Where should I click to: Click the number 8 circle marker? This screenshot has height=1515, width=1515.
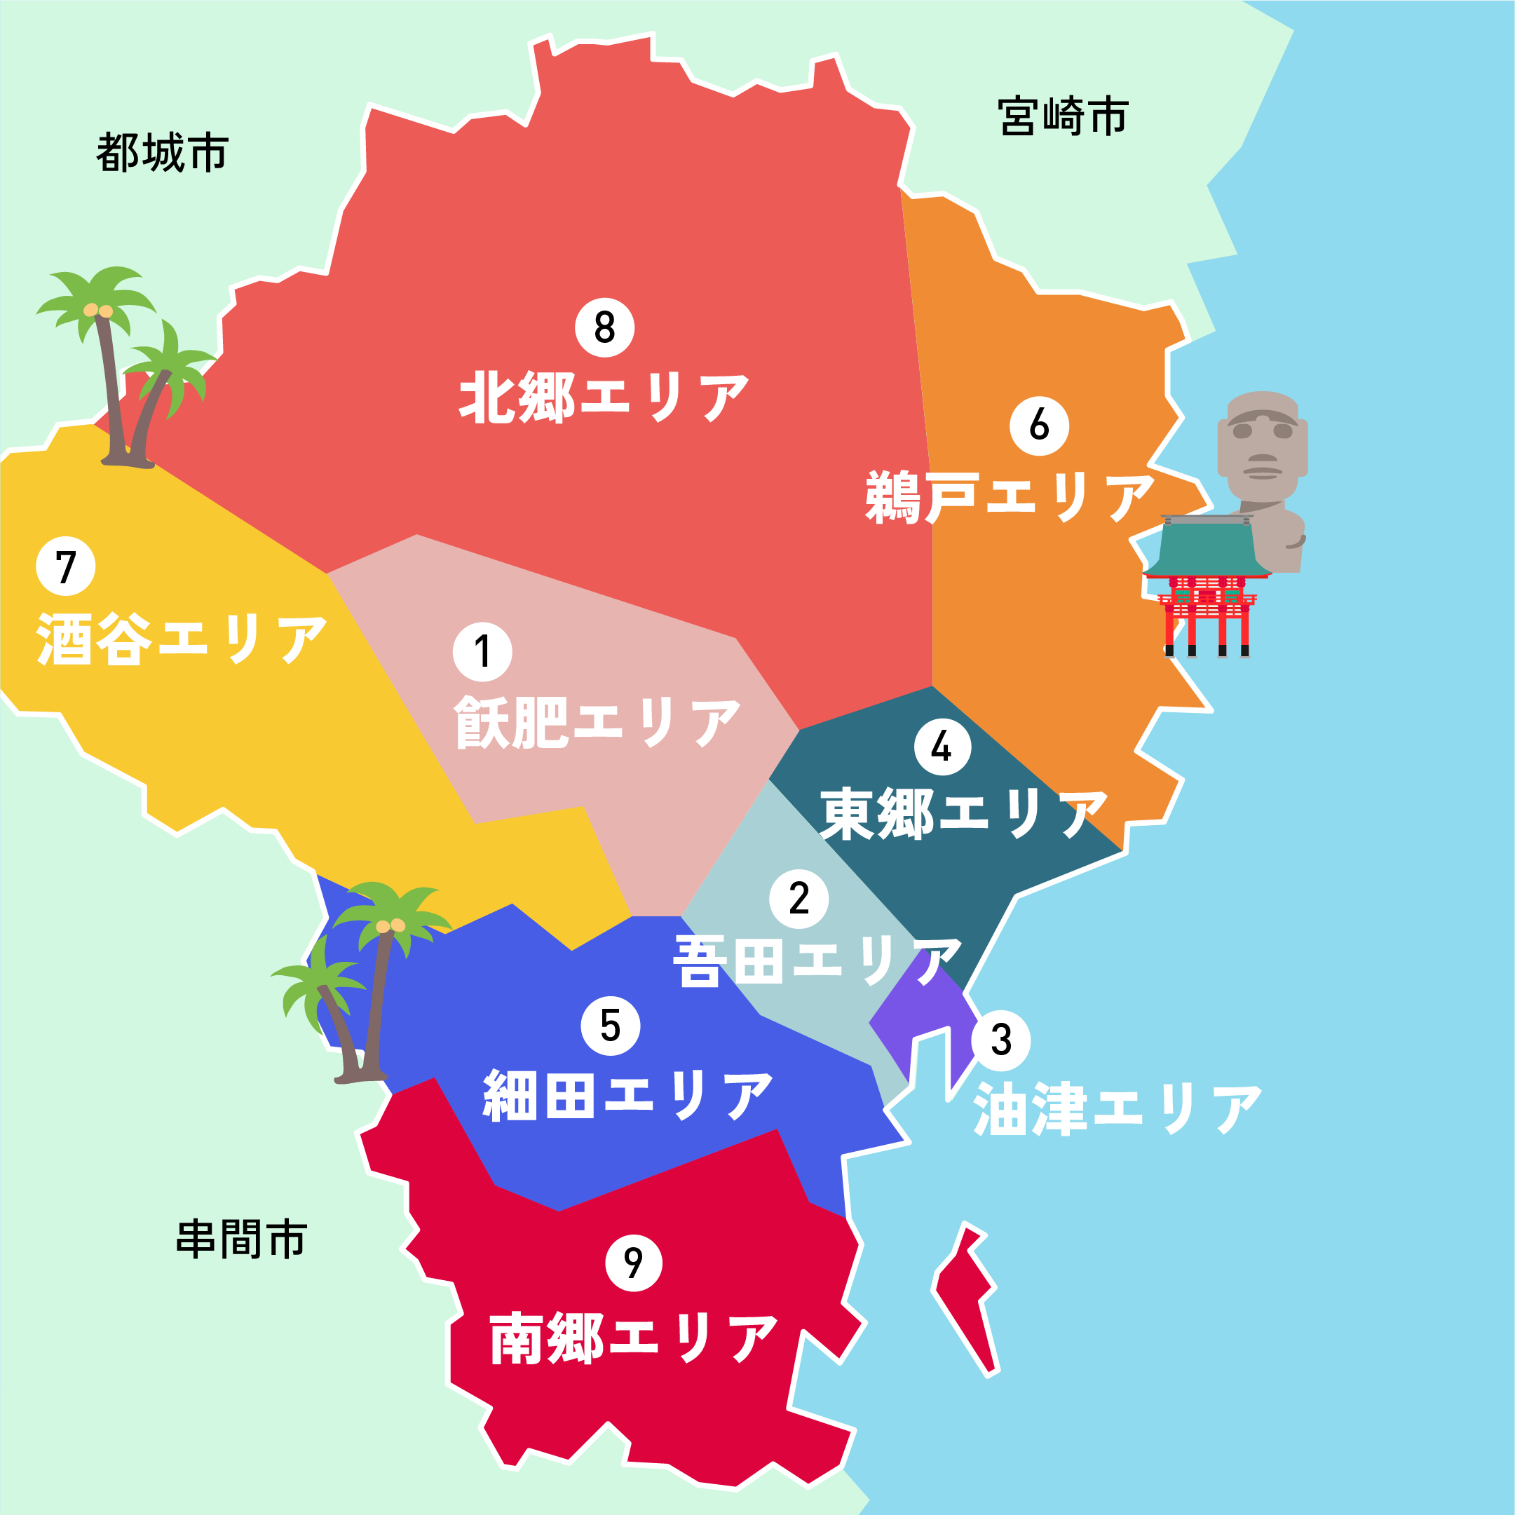coord(604,327)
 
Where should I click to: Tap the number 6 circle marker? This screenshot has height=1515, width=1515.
coord(1039,426)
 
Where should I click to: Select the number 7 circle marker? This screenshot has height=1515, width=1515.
coord(66,566)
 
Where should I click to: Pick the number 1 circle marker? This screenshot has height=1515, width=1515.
coord(482,651)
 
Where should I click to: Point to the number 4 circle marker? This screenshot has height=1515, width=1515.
coord(942,747)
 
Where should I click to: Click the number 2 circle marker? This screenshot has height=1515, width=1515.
coord(799,899)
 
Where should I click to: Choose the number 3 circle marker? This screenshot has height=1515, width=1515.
coord(1000,1040)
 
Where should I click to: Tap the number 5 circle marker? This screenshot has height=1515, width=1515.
coord(610,1026)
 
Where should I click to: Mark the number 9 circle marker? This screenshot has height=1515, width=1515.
coord(634,1263)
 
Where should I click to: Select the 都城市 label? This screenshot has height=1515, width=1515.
coord(163,152)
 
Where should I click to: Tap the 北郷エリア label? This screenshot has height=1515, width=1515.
coord(604,398)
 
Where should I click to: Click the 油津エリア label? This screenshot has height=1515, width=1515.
coord(1117,1110)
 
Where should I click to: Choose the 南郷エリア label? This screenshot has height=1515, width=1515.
coord(634,1338)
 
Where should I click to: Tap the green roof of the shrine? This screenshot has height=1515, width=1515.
coord(1207,549)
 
